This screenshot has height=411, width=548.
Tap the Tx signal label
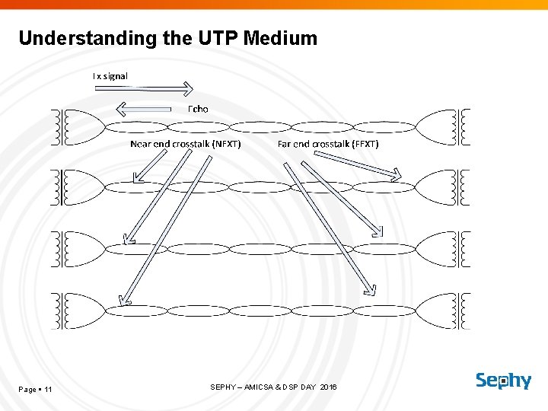[110, 76]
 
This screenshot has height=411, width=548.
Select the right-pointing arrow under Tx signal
[144, 88]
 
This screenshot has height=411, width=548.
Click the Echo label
[198, 109]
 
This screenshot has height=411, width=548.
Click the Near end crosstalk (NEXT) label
[186, 143]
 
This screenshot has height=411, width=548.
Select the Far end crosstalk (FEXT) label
[328, 143]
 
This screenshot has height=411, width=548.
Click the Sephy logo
[503, 381]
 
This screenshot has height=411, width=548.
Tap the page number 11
[48, 390]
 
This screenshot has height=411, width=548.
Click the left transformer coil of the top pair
[61, 127]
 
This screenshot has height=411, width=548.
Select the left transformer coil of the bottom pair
[61, 311]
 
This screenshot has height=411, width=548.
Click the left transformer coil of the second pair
[61, 187]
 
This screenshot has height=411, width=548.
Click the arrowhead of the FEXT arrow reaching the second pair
[395, 177]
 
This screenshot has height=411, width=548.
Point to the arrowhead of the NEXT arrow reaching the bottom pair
[124, 300]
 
